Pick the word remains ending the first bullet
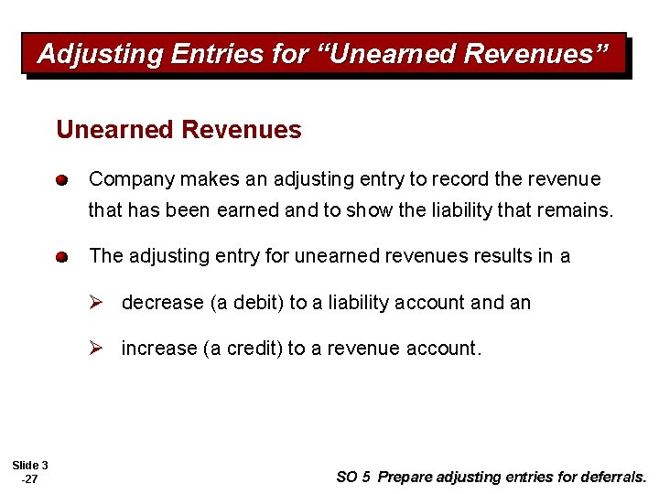[x=578, y=211]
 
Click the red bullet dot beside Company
[x=60, y=180]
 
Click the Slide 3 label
[x=30, y=466]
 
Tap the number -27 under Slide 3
[x=29, y=478]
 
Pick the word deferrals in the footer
[x=613, y=477]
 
